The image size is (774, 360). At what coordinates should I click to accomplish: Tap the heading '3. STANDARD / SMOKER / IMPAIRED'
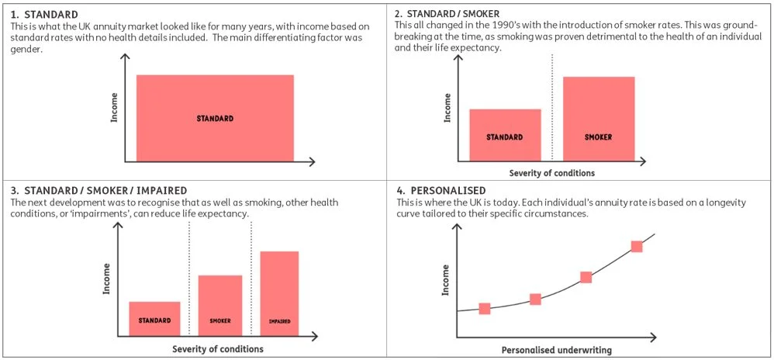pos(99,190)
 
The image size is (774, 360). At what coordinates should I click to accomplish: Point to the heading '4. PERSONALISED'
pos(439,190)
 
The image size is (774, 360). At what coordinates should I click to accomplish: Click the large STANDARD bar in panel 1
pos(215,118)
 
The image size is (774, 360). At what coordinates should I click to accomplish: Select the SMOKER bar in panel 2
pos(598,118)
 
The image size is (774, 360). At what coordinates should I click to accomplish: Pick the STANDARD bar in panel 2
pos(505,135)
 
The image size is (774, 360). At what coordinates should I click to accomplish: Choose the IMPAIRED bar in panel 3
pos(279,293)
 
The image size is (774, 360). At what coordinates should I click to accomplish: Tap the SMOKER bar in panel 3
pos(220,305)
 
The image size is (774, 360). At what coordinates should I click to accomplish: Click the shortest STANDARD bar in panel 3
pos(154,318)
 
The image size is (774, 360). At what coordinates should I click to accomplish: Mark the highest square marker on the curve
pos(637,247)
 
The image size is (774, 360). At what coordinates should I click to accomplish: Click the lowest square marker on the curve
pos(485,309)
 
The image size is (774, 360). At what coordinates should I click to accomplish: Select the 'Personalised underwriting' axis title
pos(556,350)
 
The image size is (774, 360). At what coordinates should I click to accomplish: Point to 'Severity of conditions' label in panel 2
pos(551,173)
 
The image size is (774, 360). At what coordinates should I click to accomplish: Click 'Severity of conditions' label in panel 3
pos(218,349)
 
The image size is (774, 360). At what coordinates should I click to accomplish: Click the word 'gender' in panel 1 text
pos(27,49)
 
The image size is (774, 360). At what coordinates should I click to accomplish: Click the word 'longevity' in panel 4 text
pos(723,202)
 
